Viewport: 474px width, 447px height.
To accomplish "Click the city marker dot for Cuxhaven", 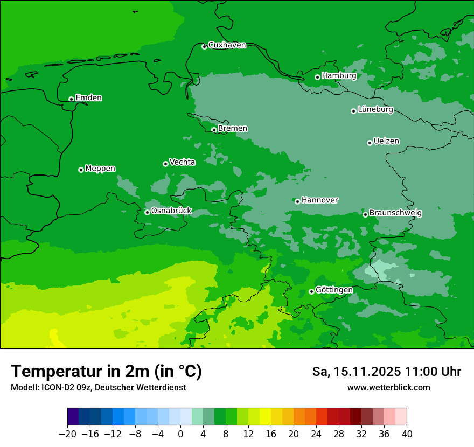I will pyautogui.click(x=204, y=47).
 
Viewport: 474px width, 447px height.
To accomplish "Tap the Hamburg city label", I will pyautogui.click(x=339, y=76).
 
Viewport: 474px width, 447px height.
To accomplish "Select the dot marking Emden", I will pyautogui.click(x=71, y=99).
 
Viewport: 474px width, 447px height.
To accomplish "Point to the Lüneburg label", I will pyautogui.click(x=375, y=110).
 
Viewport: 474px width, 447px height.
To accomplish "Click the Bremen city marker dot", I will pyautogui.click(x=214, y=130).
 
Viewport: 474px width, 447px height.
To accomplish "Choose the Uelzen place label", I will pyautogui.click(x=386, y=142).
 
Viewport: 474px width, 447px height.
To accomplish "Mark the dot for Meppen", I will pyautogui.click(x=81, y=170).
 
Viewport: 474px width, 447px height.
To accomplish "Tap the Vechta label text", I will pyautogui.click(x=182, y=162).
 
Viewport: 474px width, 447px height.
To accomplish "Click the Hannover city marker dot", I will pyautogui.click(x=297, y=201).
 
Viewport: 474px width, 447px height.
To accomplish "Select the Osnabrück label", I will pyautogui.click(x=171, y=211).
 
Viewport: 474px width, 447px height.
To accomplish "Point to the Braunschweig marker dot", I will pyautogui.click(x=365, y=214).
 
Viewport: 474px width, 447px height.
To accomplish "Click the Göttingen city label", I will pyautogui.click(x=334, y=290).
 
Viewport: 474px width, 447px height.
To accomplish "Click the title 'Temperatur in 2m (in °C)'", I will pyautogui.click(x=106, y=372).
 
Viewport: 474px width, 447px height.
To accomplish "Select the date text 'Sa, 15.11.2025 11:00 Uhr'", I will pyautogui.click(x=386, y=372).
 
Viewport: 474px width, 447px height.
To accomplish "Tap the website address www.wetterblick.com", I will pyautogui.click(x=388, y=387).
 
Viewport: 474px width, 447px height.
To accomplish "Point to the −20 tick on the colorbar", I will pyautogui.click(x=67, y=434).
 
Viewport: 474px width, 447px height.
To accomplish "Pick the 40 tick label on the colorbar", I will pyautogui.click(x=407, y=434).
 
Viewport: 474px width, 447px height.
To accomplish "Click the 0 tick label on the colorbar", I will pyautogui.click(x=180, y=434).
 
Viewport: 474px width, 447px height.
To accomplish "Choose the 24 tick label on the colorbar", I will pyautogui.click(x=316, y=434).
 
